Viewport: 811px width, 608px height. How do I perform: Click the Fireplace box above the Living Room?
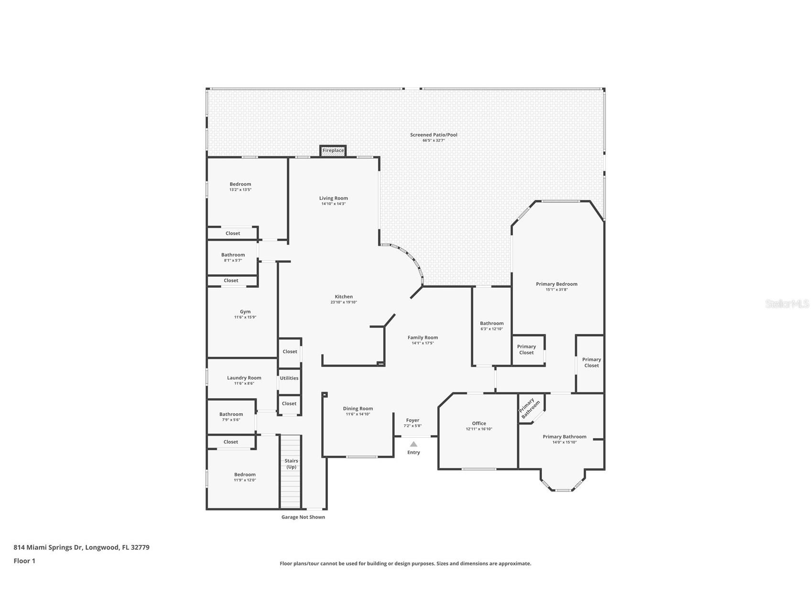click(333, 151)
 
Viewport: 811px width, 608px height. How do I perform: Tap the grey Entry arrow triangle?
click(413, 444)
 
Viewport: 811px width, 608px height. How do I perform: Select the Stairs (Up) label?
click(291, 464)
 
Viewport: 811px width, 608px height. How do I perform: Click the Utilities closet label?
click(289, 378)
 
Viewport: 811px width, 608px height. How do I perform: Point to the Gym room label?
click(245, 312)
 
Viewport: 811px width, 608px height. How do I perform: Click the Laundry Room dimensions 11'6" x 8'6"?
click(244, 383)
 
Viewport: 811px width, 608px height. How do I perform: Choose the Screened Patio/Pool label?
click(433, 135)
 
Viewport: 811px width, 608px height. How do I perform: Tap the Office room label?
click(479, 423)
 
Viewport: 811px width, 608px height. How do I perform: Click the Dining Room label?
click(358, 408)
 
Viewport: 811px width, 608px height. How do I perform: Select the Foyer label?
click(412, 420)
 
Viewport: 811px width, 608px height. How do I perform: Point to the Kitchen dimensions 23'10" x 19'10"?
click(344, 302)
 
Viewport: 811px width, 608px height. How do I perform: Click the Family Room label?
click(422, 337)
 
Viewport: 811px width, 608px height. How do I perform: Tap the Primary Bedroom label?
click(556, 284)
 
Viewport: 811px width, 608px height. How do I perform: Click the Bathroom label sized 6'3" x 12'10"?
click(492, 323)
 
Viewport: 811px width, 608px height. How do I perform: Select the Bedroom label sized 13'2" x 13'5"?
click(240, 184)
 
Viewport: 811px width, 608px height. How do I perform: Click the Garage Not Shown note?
click(303, 517)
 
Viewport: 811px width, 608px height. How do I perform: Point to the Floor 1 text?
click(24, 561)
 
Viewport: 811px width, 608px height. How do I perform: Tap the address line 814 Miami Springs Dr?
click(81, 547)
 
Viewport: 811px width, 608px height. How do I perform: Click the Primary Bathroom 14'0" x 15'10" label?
click(564, 436)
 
